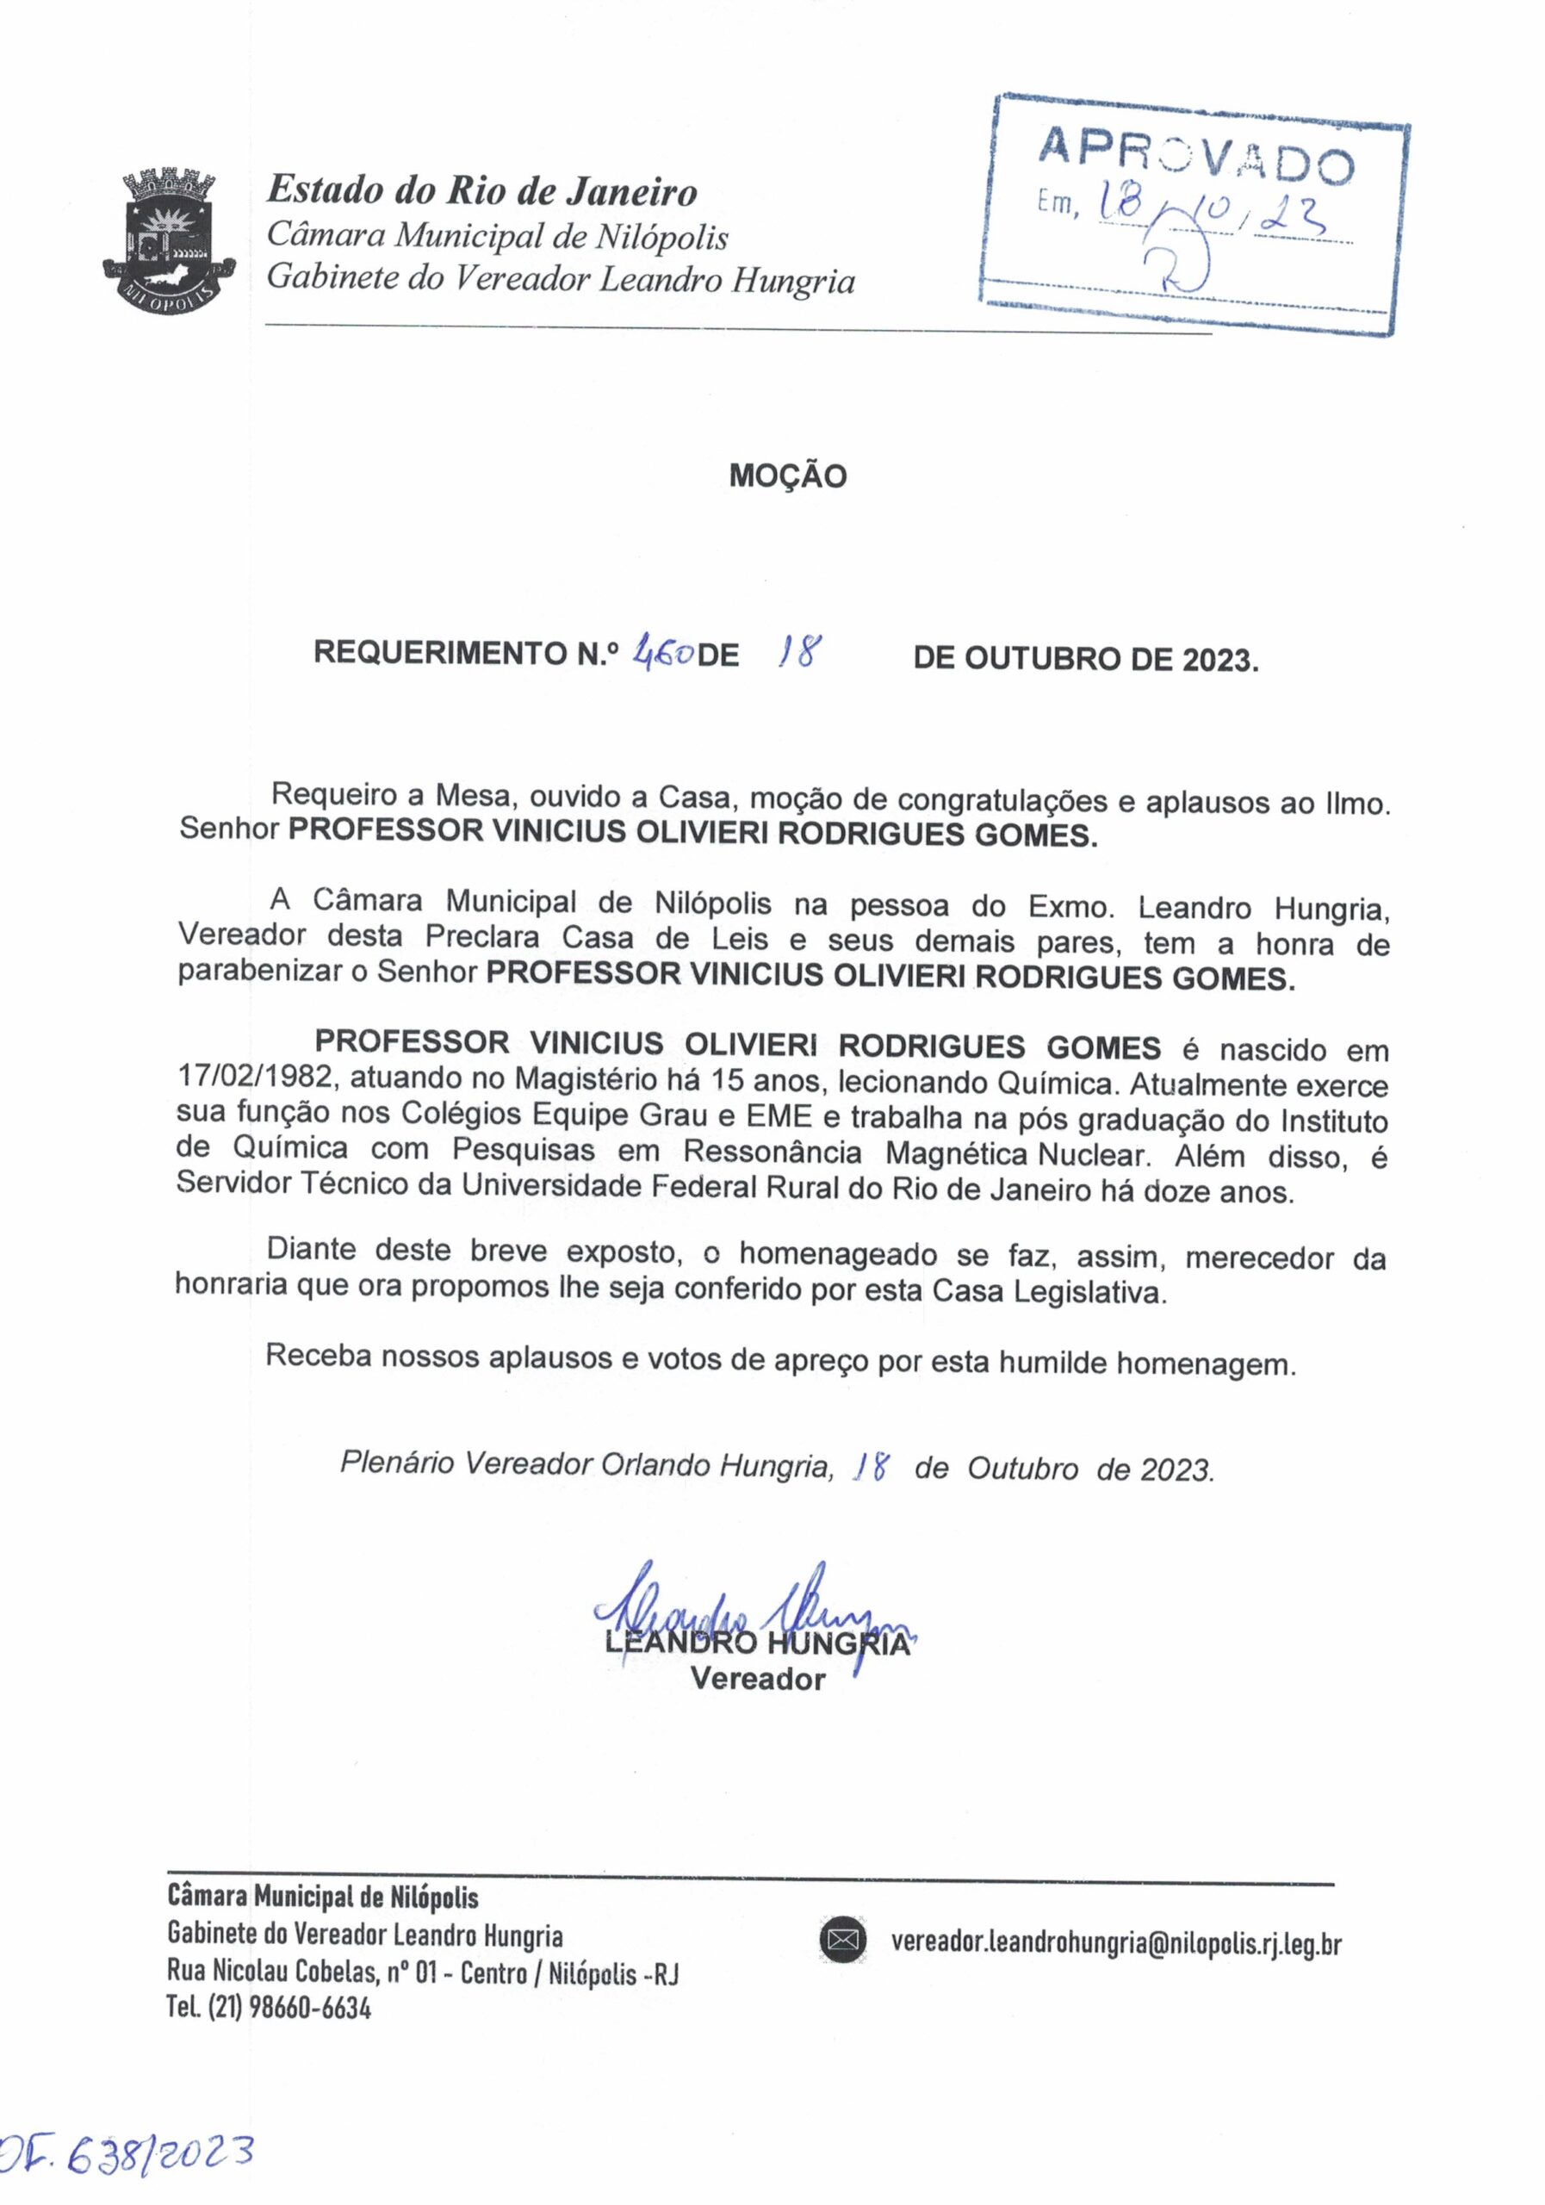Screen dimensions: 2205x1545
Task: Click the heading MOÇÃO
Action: [x=787, y=476]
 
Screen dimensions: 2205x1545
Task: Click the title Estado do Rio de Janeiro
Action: [x=482, y=191]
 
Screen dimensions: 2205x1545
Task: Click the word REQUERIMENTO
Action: [x=437, y=654]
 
